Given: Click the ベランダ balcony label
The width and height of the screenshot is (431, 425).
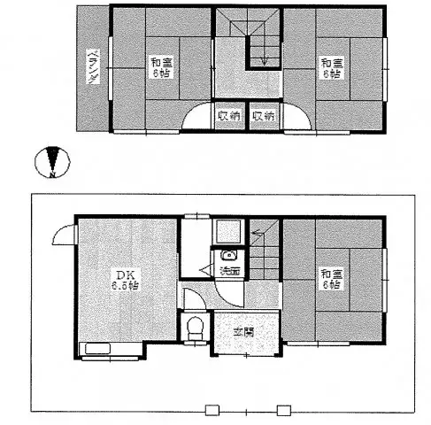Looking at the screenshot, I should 91,70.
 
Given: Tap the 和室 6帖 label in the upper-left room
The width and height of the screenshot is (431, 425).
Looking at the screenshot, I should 160,68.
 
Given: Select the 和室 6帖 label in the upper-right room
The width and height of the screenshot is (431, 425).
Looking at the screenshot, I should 332,68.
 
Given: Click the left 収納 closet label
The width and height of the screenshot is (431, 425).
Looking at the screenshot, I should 228,116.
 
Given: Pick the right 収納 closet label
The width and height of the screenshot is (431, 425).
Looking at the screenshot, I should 263,116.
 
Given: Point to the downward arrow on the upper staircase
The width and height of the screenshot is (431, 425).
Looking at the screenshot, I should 262,58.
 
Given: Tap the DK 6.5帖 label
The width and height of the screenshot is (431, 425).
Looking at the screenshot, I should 125,280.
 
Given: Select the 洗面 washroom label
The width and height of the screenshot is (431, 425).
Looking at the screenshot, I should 229,270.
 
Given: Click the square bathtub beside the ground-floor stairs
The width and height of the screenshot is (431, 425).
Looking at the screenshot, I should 227,233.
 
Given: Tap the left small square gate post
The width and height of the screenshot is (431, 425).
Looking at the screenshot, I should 212,409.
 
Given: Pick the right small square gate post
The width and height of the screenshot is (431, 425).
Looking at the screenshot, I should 283,409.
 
